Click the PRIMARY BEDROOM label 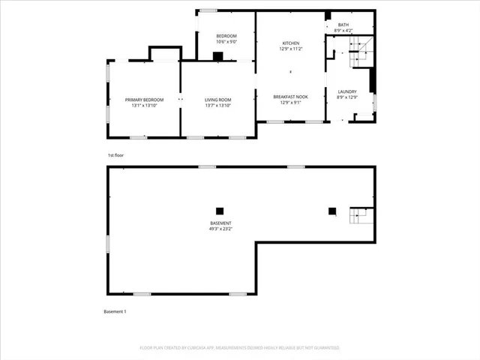point(144,100)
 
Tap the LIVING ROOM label point(218,100)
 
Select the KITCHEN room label point(291,43)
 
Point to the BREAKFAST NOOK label point(291,97)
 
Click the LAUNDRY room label point(346,91)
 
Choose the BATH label point(343,25)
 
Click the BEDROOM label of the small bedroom point(226,36)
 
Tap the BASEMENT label point(220,223)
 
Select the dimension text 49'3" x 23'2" point(220,229)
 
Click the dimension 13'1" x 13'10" point(144,105)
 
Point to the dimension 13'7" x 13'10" point(218,105)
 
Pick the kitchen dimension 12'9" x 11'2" point(291,48)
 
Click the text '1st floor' point(115,155)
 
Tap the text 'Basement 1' point(115,311)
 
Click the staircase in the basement point(360,217)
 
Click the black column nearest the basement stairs point(331,211)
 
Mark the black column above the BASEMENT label point(220,211)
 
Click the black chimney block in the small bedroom point(217,55)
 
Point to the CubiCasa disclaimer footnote point(240,348)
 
